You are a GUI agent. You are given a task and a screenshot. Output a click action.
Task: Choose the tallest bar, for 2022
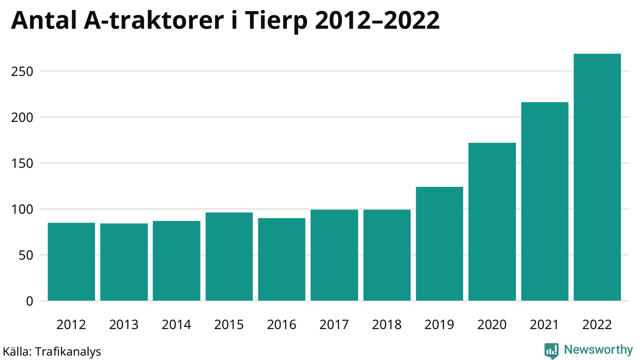(x=597, y=177)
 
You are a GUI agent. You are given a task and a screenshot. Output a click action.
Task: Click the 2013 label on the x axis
(x=124, y=325)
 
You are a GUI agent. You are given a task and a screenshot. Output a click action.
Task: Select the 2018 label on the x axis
(x=387, y=325)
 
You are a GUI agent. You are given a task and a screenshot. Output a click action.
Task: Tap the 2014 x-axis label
(x=176, y=325)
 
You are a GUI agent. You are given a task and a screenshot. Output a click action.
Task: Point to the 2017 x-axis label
(x=334, y=325)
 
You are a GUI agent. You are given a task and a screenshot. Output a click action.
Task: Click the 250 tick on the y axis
(x=22, y=71)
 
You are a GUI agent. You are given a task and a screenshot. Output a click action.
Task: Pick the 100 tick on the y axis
(x=22, y=209)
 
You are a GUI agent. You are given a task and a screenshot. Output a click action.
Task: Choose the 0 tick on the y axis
(x=29, y=301)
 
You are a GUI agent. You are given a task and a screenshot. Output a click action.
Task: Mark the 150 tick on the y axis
(x=22, y=163)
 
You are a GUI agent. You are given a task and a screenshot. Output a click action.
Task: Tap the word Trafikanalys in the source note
(x=68, y=351)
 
